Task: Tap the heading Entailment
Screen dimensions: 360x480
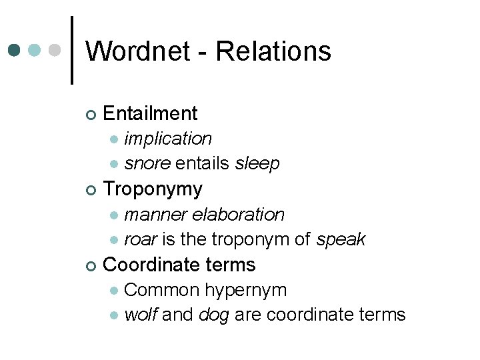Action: [x=151, y=113]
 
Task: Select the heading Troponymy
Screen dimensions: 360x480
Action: [x=153, y=189]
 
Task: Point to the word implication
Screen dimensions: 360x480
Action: [x=168, y=139]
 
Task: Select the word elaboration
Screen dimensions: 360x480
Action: [x=238, y=215]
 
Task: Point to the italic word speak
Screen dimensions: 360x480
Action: [x=341, y=240]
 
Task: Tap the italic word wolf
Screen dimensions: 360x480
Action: [x=141, y=315]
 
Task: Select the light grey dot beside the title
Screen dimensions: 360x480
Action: [x=55, y=51]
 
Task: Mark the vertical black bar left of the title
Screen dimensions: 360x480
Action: [x=72, y=51]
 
